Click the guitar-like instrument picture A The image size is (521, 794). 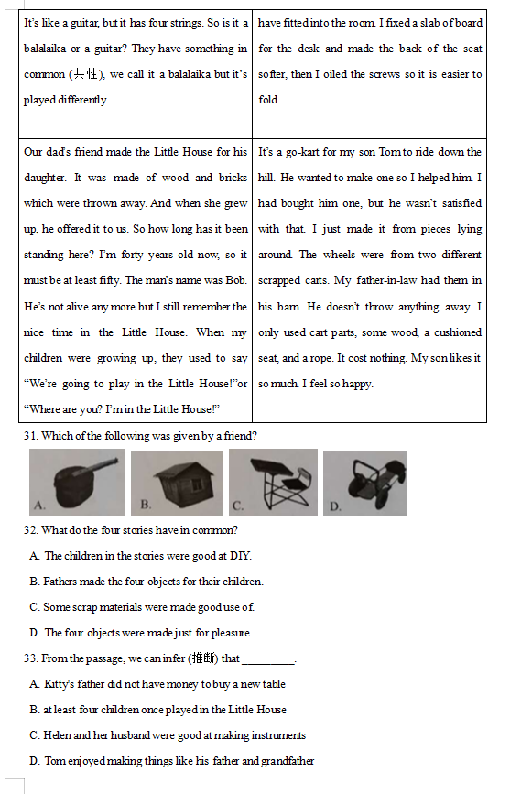(76, 482)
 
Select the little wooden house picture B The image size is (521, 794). (178, 483)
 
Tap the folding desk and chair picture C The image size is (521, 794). (274, 482)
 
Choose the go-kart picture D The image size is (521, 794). (365, 483)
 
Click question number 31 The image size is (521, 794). (31, 436)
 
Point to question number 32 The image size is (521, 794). (31, 530)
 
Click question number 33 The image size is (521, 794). (31, 658)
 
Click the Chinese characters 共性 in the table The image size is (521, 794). (85, 74)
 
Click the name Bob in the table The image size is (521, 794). (235, 280)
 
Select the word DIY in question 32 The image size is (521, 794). (240, 556)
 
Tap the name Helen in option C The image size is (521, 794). (57, 735)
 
